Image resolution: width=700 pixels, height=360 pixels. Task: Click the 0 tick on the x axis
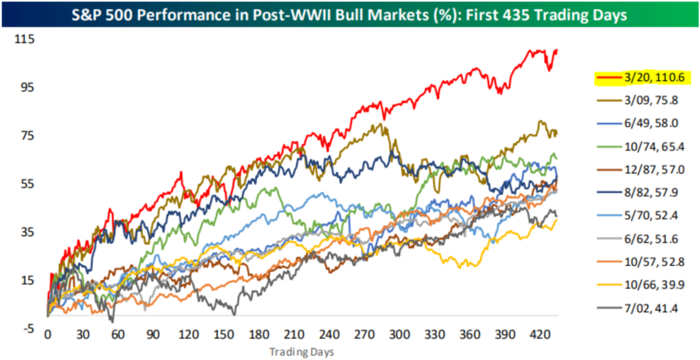coord(48,335)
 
